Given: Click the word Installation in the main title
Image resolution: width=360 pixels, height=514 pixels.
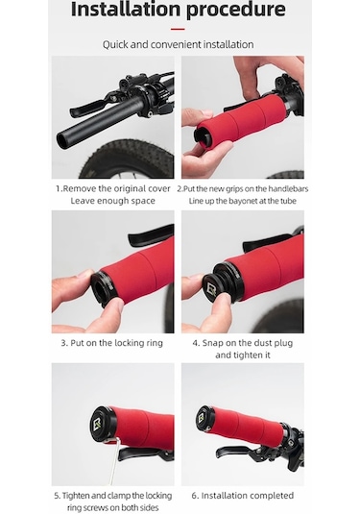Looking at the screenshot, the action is tap(126, 9).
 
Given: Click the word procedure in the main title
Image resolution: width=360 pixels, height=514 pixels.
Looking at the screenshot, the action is tap(236, 10).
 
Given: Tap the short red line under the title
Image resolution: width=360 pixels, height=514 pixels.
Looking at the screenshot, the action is tap(178, 29).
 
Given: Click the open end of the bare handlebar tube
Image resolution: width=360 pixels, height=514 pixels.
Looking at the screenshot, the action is tap(61, 139).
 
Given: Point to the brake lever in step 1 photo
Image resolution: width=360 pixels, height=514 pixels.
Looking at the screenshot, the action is tap(92, 105).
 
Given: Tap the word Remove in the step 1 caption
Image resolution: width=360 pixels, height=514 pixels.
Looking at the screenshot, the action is tap(80, 189).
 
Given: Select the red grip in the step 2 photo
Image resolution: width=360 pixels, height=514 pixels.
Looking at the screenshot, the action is tap(241, 123).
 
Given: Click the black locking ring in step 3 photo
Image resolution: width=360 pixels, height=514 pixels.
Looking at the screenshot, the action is tap(102, 289).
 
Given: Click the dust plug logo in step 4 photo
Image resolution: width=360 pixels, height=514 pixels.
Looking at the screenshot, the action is tap(212, 289).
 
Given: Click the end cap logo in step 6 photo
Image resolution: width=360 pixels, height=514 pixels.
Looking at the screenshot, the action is tap(202, 418).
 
